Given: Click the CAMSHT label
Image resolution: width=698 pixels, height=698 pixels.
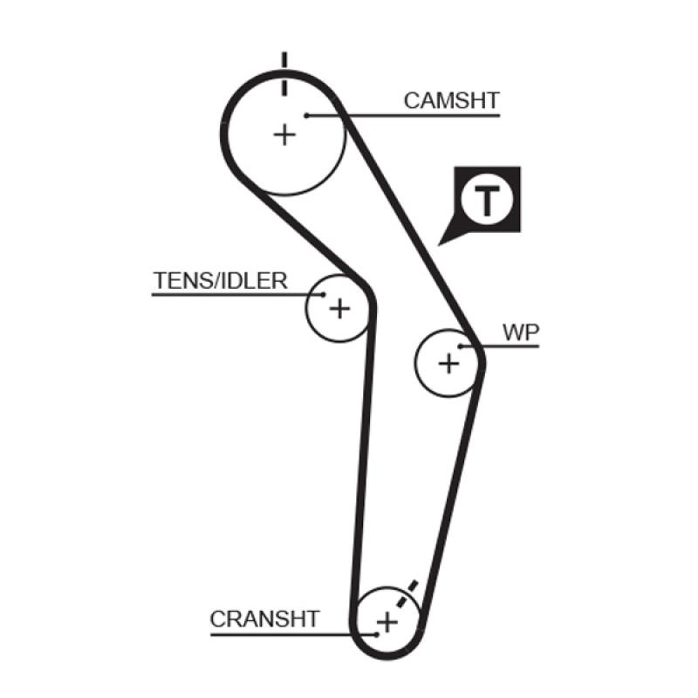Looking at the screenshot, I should tap(451, 100).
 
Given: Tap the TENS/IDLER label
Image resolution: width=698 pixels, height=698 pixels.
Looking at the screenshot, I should tap(220, 281).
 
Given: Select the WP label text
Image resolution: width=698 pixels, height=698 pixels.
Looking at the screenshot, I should tap(521, 332).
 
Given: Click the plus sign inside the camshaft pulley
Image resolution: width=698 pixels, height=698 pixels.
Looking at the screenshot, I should tap(284, 134).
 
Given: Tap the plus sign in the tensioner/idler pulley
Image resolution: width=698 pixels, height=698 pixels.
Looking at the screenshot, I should tap(339, 308).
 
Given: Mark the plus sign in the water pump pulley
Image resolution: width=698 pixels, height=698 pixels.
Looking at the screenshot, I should tap(448, 362).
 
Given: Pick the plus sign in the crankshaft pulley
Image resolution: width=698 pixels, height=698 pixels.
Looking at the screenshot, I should tap(387, 622).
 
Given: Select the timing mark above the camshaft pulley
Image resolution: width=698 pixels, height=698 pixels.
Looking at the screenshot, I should tap(284, 73).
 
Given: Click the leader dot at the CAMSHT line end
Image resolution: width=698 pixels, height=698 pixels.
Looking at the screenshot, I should tap(307, 114).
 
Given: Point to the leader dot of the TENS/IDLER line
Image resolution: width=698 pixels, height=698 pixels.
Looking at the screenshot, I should tap(324, 295).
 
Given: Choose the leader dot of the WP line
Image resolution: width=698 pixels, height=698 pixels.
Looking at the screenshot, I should tap(461, 347).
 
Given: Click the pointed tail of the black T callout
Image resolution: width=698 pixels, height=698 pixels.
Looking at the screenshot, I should tap(443, 239).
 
